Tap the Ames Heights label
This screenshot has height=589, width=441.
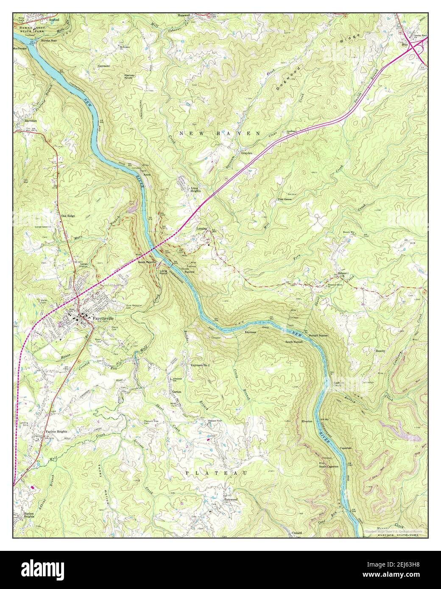click(195, 189)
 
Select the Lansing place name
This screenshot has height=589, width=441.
click(201, 228)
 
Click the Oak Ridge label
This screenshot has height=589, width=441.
click(68, 216)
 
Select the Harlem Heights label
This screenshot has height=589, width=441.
click(26, 515)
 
